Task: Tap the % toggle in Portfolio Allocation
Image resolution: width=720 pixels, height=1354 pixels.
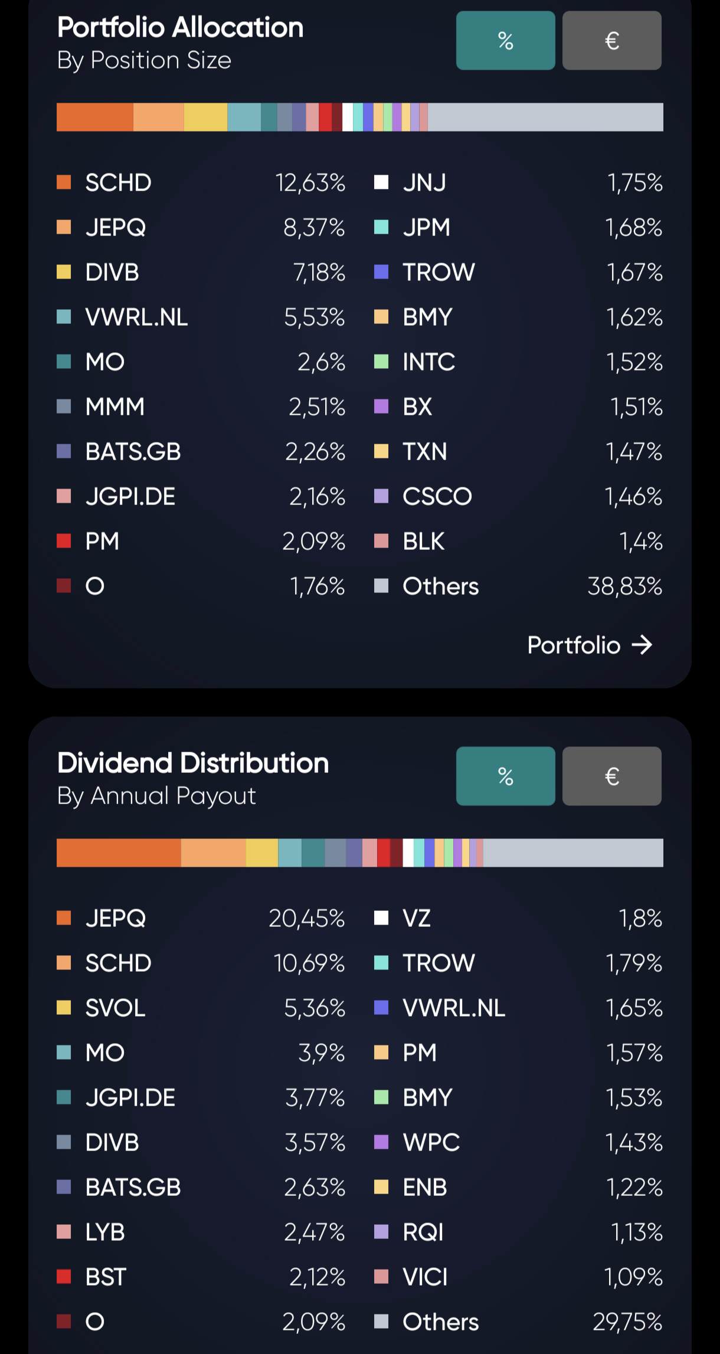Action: coord(505,41)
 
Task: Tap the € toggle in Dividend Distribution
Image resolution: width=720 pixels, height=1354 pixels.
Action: coord(611,776)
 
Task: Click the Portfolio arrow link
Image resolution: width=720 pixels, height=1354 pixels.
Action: coord(590,645)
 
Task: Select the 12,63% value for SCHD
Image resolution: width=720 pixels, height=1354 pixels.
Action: coord(310,183)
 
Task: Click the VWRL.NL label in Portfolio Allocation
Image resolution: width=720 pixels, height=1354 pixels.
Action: coord(136,317)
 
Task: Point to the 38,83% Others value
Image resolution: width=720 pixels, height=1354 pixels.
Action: coord(624,586)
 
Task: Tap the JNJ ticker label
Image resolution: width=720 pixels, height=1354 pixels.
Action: coord(424,183)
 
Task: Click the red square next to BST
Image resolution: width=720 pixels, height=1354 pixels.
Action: coord(64,1277)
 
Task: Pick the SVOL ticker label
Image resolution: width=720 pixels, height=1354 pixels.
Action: coord(115,1008)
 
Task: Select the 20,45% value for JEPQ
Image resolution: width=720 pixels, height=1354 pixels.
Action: coord(306,918)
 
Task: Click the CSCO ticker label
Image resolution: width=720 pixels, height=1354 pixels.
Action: coord(437,497)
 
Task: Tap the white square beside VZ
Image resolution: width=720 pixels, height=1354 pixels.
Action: coord(381,918)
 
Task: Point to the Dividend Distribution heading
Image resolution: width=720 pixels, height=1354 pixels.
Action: coord(193,763)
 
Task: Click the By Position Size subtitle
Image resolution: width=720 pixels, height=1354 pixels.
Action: coord(144,60)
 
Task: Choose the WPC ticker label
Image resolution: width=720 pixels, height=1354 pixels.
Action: coord(431,1142)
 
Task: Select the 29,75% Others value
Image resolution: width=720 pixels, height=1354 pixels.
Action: coord(627,1322)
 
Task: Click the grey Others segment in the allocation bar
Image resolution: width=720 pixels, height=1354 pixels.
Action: coord(545,117)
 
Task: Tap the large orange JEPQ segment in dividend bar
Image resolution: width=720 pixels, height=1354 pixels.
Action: coord(119,853)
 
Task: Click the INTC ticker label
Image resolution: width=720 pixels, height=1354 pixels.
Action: coord(428,362)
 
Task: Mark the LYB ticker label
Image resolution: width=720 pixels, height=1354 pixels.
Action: coord(105,1232)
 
